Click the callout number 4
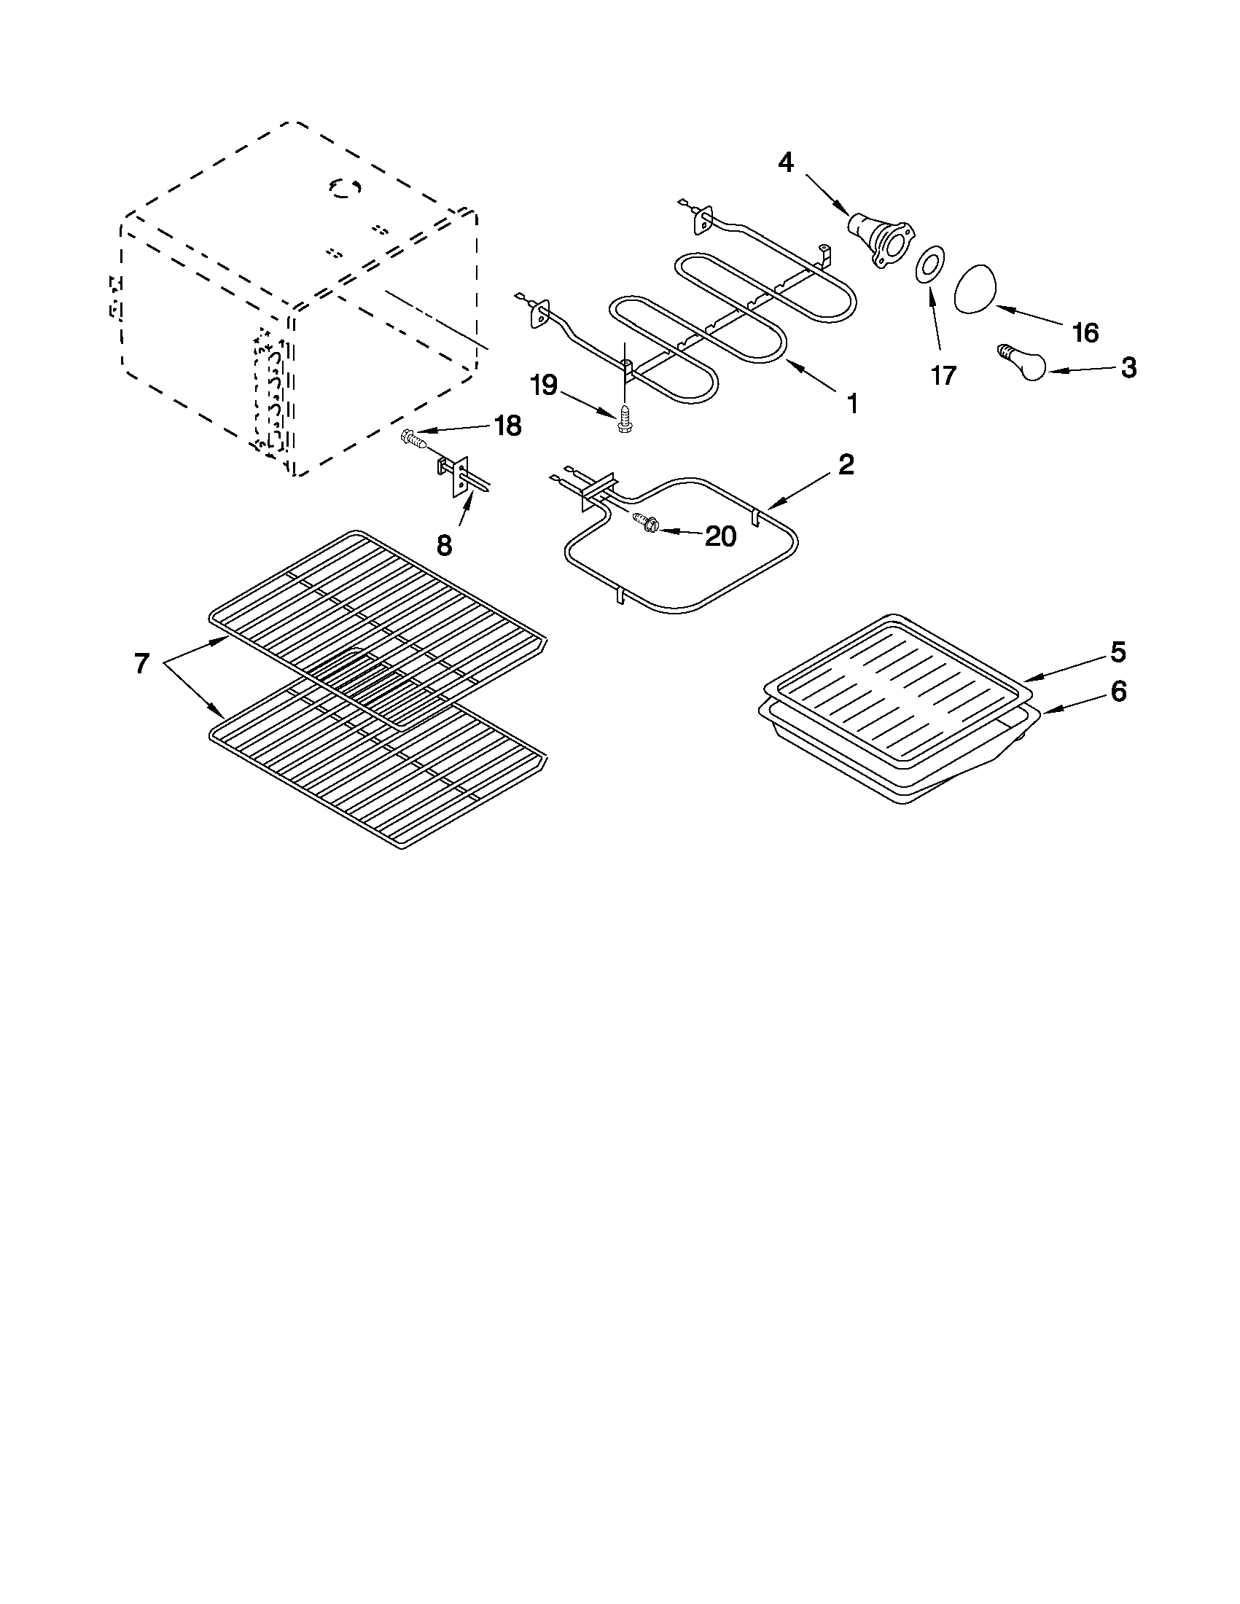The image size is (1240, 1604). pos(786,163)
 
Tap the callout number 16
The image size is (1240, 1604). pos(1084,333)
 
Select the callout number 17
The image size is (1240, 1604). pos(943,375)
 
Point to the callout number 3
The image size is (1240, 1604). pos(1128,367)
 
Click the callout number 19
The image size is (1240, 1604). pos(545,385)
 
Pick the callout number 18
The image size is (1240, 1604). pos(507,426)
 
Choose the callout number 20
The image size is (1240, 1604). pos(720,536)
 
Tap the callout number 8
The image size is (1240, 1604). pos(444,545)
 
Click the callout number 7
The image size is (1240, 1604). pos(141,663)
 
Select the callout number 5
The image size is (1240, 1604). pos(1118,651)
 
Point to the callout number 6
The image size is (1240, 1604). pos(1118,691)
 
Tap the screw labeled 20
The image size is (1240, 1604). pos(645,523)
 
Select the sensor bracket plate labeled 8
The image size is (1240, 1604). pos(461,477)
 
